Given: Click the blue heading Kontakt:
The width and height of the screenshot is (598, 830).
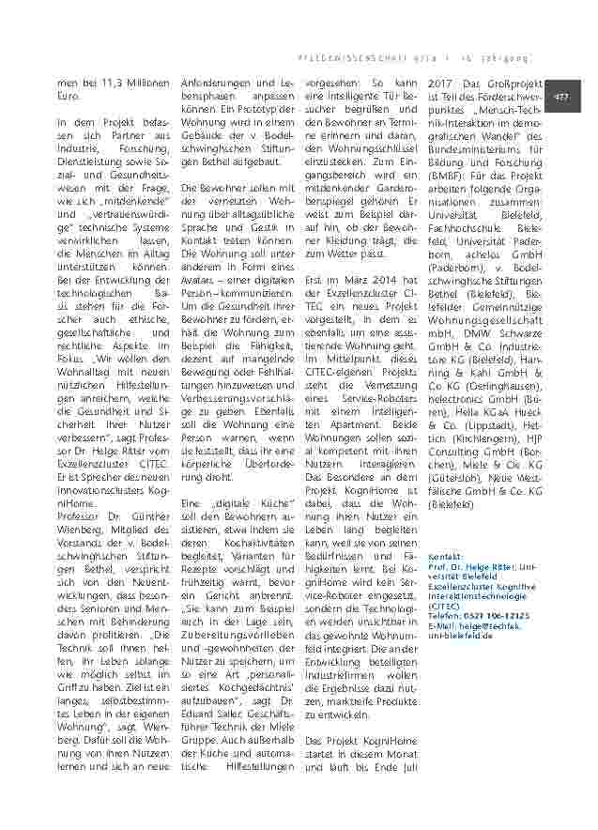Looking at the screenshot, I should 445,557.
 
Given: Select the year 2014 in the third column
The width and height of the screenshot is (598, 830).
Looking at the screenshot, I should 387,280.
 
